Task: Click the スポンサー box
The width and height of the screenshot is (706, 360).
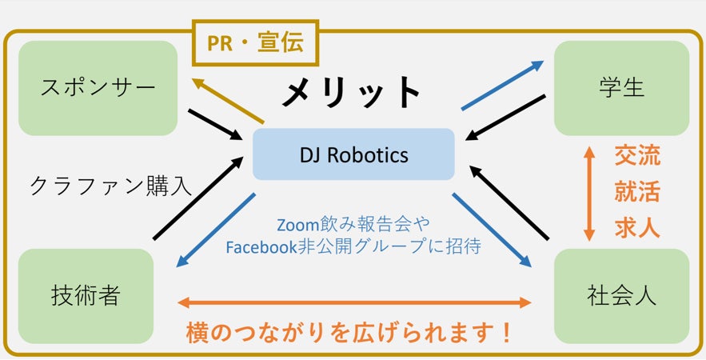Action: (98, 88)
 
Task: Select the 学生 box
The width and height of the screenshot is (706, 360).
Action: (621, 88)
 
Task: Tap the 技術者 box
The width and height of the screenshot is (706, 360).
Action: (86, 296)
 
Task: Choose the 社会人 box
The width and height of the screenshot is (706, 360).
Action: (621, 296)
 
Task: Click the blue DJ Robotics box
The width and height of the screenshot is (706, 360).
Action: (353, 154)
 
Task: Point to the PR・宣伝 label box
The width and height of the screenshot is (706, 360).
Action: (255, 43)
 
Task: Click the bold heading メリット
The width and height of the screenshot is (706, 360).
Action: (351, 92)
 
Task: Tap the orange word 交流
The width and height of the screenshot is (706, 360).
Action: (637, 156)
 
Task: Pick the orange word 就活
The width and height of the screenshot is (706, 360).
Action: (637, 192)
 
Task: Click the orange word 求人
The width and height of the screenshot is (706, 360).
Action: (637, 229)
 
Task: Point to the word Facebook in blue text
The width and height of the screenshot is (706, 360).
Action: (261, 247)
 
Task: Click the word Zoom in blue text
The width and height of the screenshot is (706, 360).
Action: (297, 225)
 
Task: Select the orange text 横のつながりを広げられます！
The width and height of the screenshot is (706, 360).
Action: (349, 333)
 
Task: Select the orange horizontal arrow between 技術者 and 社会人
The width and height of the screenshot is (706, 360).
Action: (355, 302)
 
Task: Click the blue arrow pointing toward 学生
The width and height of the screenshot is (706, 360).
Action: (502, 85)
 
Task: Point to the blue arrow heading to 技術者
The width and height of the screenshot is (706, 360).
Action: (216, 230)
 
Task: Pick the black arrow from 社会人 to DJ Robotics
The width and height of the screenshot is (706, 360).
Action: (509, 202)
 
